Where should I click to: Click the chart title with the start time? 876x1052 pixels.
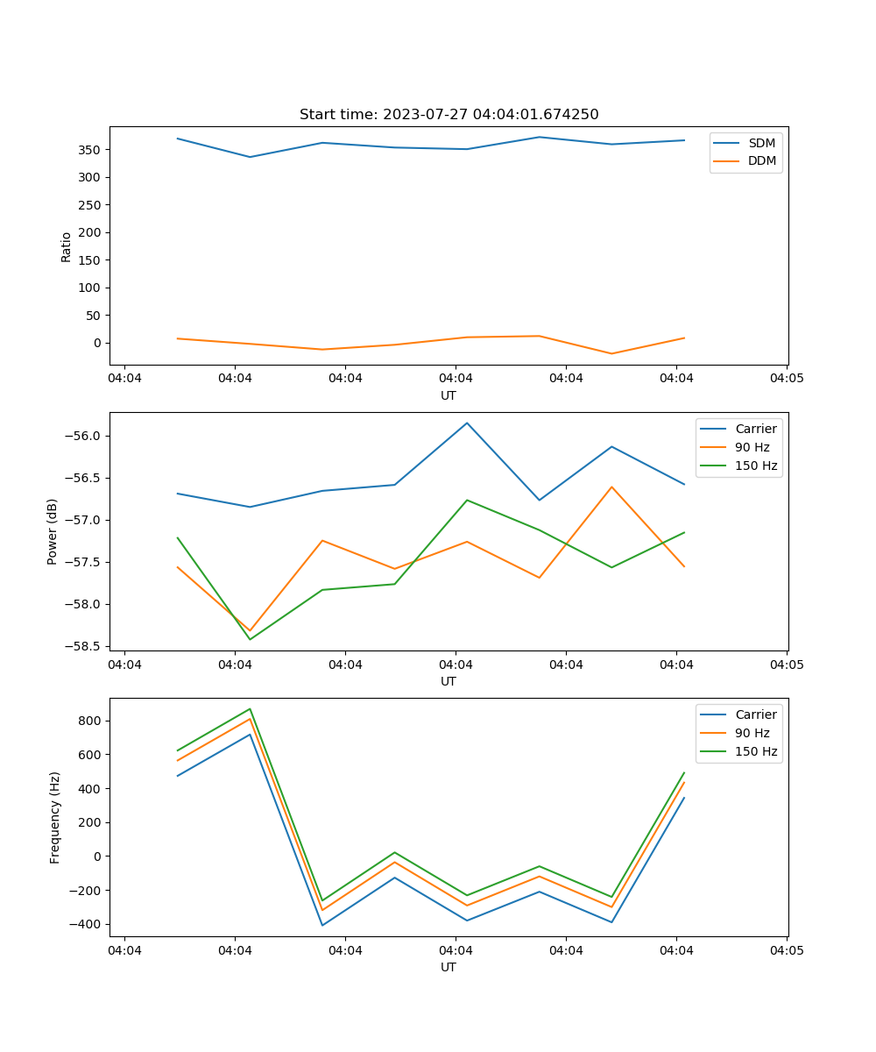[x=449, y=115]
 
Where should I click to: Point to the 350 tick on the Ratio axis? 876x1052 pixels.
[x=91, y=150]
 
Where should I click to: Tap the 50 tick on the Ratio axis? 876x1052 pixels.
[x=95, y=316]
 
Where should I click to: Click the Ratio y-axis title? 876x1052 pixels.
[x=67, y=246]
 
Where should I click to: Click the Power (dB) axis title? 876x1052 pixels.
[x=53, y=531]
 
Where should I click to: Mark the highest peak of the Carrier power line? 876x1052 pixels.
[x=467, y=423]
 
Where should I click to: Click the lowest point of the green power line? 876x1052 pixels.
[x=251, y=639]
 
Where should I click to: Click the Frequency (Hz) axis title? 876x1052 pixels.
[x=55, y=817]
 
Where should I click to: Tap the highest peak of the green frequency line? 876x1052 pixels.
[x=251, y=709]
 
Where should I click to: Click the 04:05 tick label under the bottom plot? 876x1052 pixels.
[x=786, y=950]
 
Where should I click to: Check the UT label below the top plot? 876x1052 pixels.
[x=449, y=395]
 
